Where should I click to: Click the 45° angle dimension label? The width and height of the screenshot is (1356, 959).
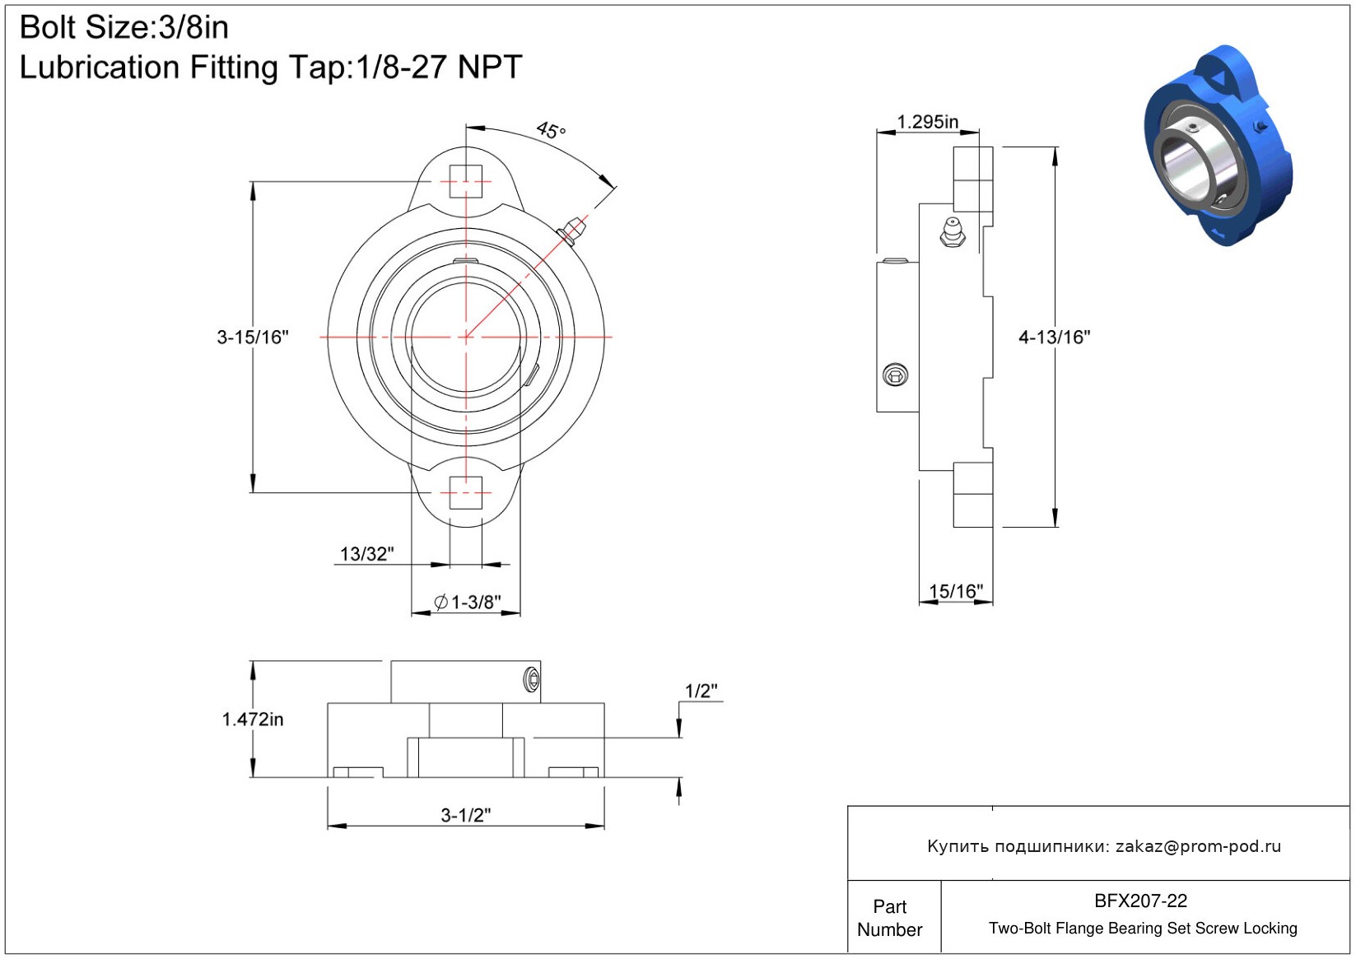tap(551, 129)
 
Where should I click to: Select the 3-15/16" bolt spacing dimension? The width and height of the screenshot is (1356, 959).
tap(253, 338)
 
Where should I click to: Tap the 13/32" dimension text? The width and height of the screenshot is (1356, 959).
tap(367, 553)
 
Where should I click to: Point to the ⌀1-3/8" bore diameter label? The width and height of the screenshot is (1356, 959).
tap(468, 602)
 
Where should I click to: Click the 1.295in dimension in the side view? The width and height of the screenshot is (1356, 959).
tap(927, 122)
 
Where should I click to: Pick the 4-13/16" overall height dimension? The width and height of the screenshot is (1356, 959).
tap(1055, 338)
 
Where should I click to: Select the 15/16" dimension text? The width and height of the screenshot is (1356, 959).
tap(956, 591)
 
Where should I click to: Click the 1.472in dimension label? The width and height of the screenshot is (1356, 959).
tap(253, 719)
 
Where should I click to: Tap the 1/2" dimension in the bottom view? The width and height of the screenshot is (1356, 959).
tap(701, 691)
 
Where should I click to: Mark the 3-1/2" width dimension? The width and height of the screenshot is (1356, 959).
tap(465, 815)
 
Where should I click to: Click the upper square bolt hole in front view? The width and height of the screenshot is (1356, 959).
tap(465, 181)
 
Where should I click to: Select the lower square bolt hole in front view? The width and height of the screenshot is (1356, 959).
tap(465, 493)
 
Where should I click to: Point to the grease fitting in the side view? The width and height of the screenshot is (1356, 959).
tap(953, 232)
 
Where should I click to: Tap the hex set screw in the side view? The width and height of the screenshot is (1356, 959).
tap(895, 375)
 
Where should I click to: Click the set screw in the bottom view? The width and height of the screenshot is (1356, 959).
tap(532, 680)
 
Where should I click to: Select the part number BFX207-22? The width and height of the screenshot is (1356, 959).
tap(1140, 901)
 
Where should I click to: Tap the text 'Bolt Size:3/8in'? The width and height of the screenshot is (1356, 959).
tap(124, 27)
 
